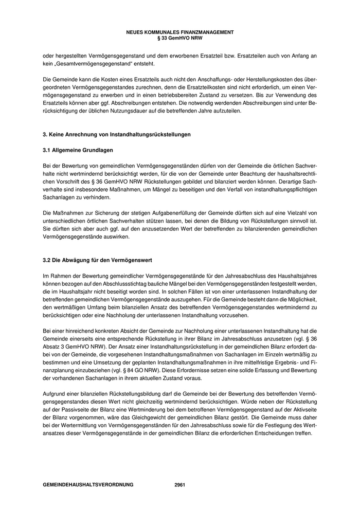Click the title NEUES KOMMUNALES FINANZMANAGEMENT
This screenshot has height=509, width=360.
pos(179,32)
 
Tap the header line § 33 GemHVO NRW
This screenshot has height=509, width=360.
pos(179,37)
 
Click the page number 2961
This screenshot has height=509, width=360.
pos(180,484)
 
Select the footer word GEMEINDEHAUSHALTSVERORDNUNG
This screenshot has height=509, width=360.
pos(88,484)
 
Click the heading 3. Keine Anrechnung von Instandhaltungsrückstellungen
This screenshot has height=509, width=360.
pos(116,135)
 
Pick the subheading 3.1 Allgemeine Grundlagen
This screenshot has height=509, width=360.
pos(78,150)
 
